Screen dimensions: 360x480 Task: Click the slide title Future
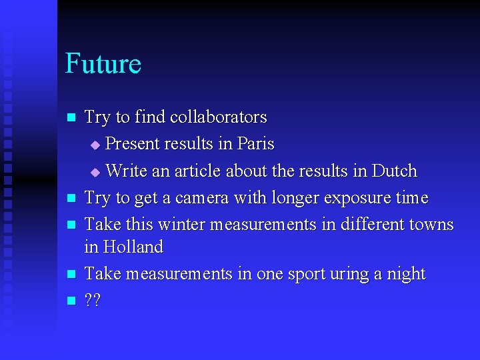pyautogui.click(x=103, y=63)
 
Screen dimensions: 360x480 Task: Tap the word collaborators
pyautogui.click(x=218, y=117)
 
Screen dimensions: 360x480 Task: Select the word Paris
pyautogui.click(x=256, y=144)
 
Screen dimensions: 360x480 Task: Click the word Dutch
pyautogui.click(x=394, y=171)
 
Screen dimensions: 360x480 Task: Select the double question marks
pyautogui.click(x=93, y=301)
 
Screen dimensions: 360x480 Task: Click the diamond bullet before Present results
pyautogui.click(x=94, y=145)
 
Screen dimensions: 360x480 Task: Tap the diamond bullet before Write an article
pyautogui.click(x=94, y=172)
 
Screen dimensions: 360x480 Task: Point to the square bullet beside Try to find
pyautogui.click(x=71, y=117)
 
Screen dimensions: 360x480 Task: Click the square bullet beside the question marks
pyautogui.click(x=71, y=301)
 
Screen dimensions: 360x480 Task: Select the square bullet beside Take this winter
pyautogui.click(x=71, y=225)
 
